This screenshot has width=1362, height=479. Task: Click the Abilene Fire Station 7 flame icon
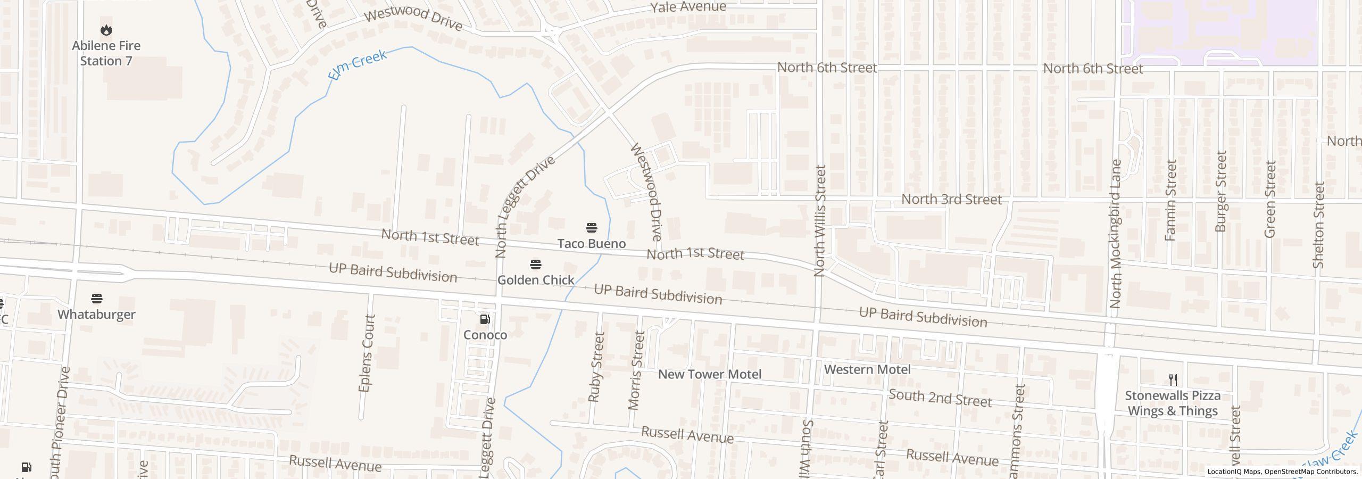click(x=106, y=30)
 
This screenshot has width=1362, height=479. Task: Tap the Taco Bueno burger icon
click(x=591, y=228)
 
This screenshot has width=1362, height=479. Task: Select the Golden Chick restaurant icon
click(x=536, y=265)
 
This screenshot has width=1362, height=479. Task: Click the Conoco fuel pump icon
click(x=485, y=319)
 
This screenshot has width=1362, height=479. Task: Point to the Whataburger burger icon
click(x=96, y=299)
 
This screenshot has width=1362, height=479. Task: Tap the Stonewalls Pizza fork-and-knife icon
click(x=1173, y=379)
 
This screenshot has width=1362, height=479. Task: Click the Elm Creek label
click(x=358, y=65)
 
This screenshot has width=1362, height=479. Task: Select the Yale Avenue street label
click(x=688, y=7)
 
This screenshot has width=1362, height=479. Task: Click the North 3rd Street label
click(x=951, y=200)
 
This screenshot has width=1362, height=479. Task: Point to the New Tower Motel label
click(x=710, y=374)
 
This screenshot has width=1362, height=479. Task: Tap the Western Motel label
click(x=867, y=369)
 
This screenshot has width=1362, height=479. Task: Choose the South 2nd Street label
click(x=940, y=398)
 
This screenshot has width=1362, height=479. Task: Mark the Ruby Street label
click(x=596, y=367)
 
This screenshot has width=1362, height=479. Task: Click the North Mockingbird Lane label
click(x=1116, y=234)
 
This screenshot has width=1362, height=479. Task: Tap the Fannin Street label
click(x=1170, y=200)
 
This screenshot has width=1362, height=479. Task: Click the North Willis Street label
click(x=820, y=221)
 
